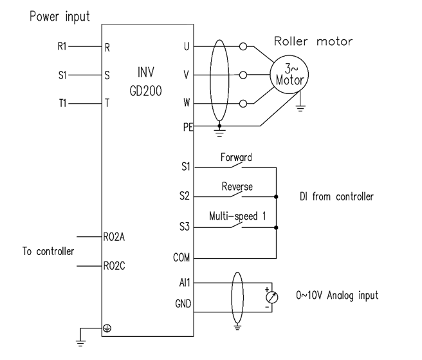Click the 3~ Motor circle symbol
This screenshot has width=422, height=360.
coord(289,73)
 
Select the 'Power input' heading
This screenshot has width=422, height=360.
coord(60,16)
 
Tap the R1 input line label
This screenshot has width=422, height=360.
coord(62,46)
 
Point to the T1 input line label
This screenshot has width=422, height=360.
coord(62,102)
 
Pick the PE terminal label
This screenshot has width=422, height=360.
coord(188,126)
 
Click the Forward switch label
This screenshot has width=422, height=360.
coord(236,156)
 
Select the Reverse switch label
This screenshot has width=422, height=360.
coord(237,187)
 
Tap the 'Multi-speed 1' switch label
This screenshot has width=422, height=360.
coord(238,216)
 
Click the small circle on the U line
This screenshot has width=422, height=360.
coord(243,46)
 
